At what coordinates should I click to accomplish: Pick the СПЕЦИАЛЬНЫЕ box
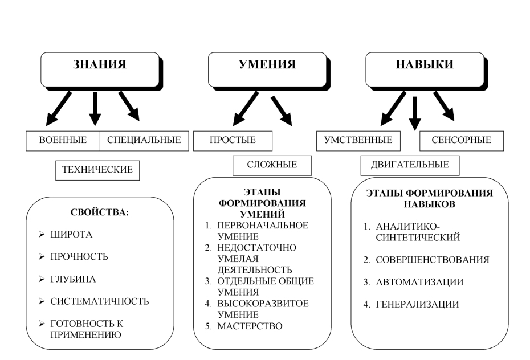(144, 140)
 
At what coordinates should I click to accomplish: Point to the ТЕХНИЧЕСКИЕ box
(97, 170)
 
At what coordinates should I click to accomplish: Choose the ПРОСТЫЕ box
(233, 140)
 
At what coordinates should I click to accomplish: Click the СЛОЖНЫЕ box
(272, 165)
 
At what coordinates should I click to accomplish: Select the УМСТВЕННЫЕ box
(358, 140)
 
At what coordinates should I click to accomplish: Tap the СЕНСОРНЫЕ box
(462, 140)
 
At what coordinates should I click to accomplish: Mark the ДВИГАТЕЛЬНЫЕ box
(410, 165)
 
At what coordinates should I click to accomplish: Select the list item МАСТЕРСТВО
(249, 326)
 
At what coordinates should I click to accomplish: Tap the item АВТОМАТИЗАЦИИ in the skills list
(419, 282)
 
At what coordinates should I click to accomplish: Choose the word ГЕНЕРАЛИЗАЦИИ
(417, 305)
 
